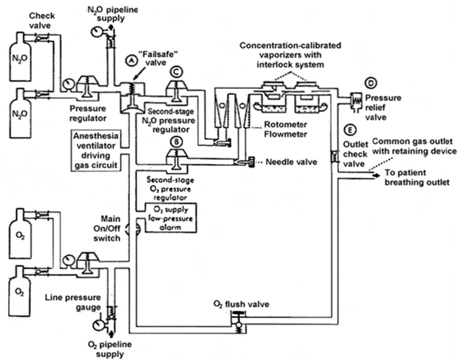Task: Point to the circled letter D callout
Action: pos(371,82)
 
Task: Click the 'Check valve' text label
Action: pos(22,20)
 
